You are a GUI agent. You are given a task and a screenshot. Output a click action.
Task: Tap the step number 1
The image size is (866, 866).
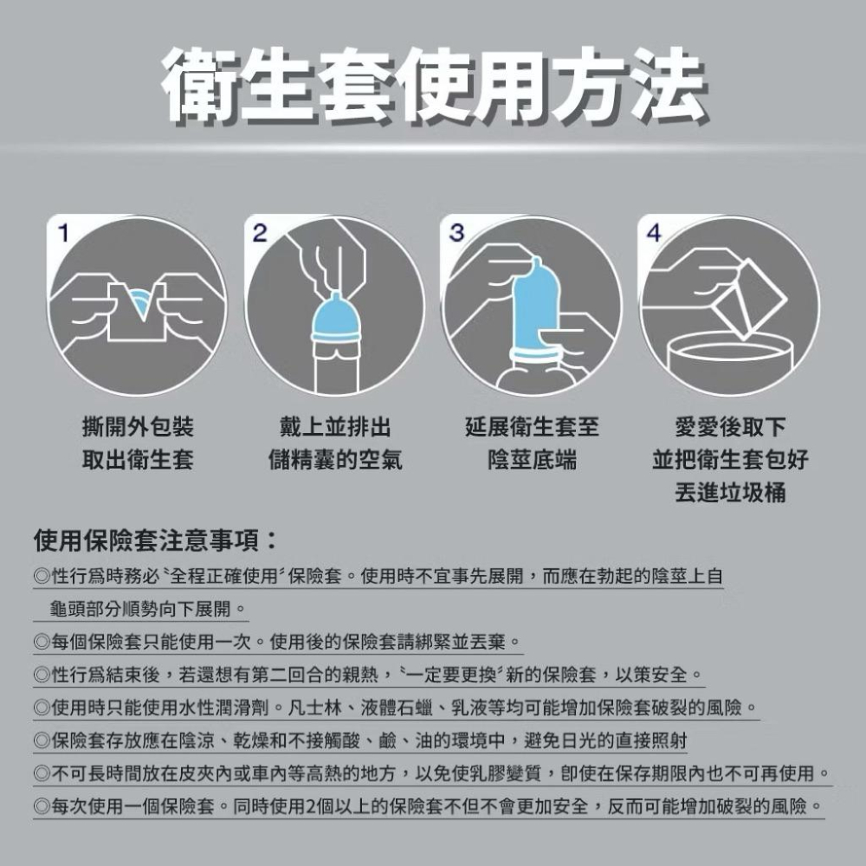(63, 232)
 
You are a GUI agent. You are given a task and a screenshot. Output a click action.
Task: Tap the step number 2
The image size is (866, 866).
(260, 233)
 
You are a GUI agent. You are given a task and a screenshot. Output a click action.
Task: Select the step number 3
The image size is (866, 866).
(457, 233)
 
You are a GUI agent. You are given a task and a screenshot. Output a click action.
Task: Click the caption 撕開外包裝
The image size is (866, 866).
(137, 427)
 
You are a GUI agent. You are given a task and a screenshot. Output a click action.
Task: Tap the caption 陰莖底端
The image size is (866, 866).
(532, 460)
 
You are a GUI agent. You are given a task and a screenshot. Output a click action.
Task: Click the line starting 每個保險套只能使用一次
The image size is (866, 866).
(277, 642)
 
